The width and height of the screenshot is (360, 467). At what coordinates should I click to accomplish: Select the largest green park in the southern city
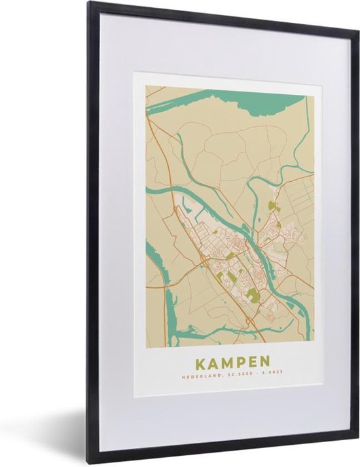[254, 295]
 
